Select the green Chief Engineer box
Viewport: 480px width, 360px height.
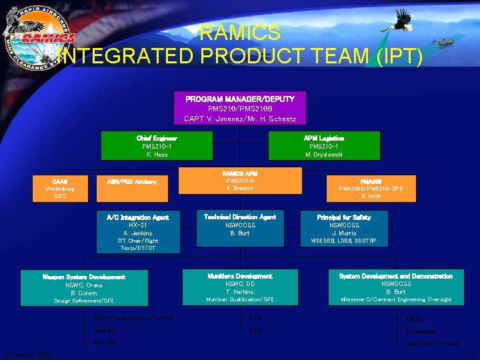click(157, 145)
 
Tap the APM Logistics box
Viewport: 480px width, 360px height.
click(323, 145)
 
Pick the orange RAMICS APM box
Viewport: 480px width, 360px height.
click(239, 180)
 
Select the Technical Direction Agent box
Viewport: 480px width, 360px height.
click(239, 225)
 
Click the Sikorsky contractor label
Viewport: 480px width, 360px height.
click(105, 330)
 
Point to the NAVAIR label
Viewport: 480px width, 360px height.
click(104, 342)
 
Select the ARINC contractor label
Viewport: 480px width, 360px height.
click(414, 319)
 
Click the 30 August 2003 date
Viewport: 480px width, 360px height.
click(27, 355)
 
